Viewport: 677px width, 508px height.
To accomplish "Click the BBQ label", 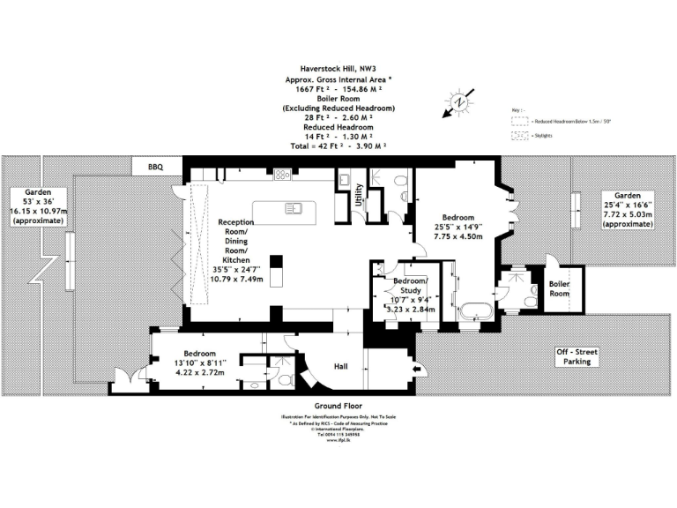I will [x=157, y=166].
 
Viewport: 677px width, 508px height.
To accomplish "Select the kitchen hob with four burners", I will [x=282, y=175].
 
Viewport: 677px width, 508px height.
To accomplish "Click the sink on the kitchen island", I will [x=292, y=210].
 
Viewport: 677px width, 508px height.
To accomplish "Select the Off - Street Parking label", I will [x=577, y=357].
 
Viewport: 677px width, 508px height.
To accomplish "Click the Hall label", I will [x=343, y=365].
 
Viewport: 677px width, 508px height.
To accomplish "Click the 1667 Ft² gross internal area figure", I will [x=307, y=89].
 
